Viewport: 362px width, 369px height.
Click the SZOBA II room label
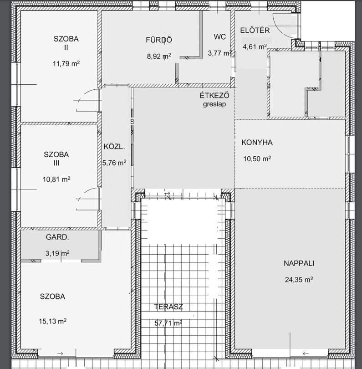(66, 43)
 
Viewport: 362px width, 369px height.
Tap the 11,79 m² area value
(66, 63)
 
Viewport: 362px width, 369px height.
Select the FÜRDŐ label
(159, 40)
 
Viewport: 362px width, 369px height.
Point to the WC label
(220, 37)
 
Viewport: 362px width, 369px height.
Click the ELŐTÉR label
(255, 30)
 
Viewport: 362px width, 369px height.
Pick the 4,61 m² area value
(255, 46)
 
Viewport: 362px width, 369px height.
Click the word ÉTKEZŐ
(214, 95)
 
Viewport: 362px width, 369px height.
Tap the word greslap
(214, 104)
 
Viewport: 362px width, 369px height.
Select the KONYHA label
(257, 143)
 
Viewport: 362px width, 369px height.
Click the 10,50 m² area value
(257, 159)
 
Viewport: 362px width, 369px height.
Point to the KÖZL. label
(114, 147)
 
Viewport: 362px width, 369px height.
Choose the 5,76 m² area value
(114, 163)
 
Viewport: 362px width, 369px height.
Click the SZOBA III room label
(56, 159)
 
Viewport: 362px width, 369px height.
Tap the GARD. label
(58, 237)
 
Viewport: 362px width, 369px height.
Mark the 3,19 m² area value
(57, 253)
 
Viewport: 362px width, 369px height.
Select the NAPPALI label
(299, 263)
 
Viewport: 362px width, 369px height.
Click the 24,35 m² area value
(299, 280)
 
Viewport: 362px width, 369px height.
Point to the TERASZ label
(168, 307)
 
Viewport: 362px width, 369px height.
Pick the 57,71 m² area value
(168, 323)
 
